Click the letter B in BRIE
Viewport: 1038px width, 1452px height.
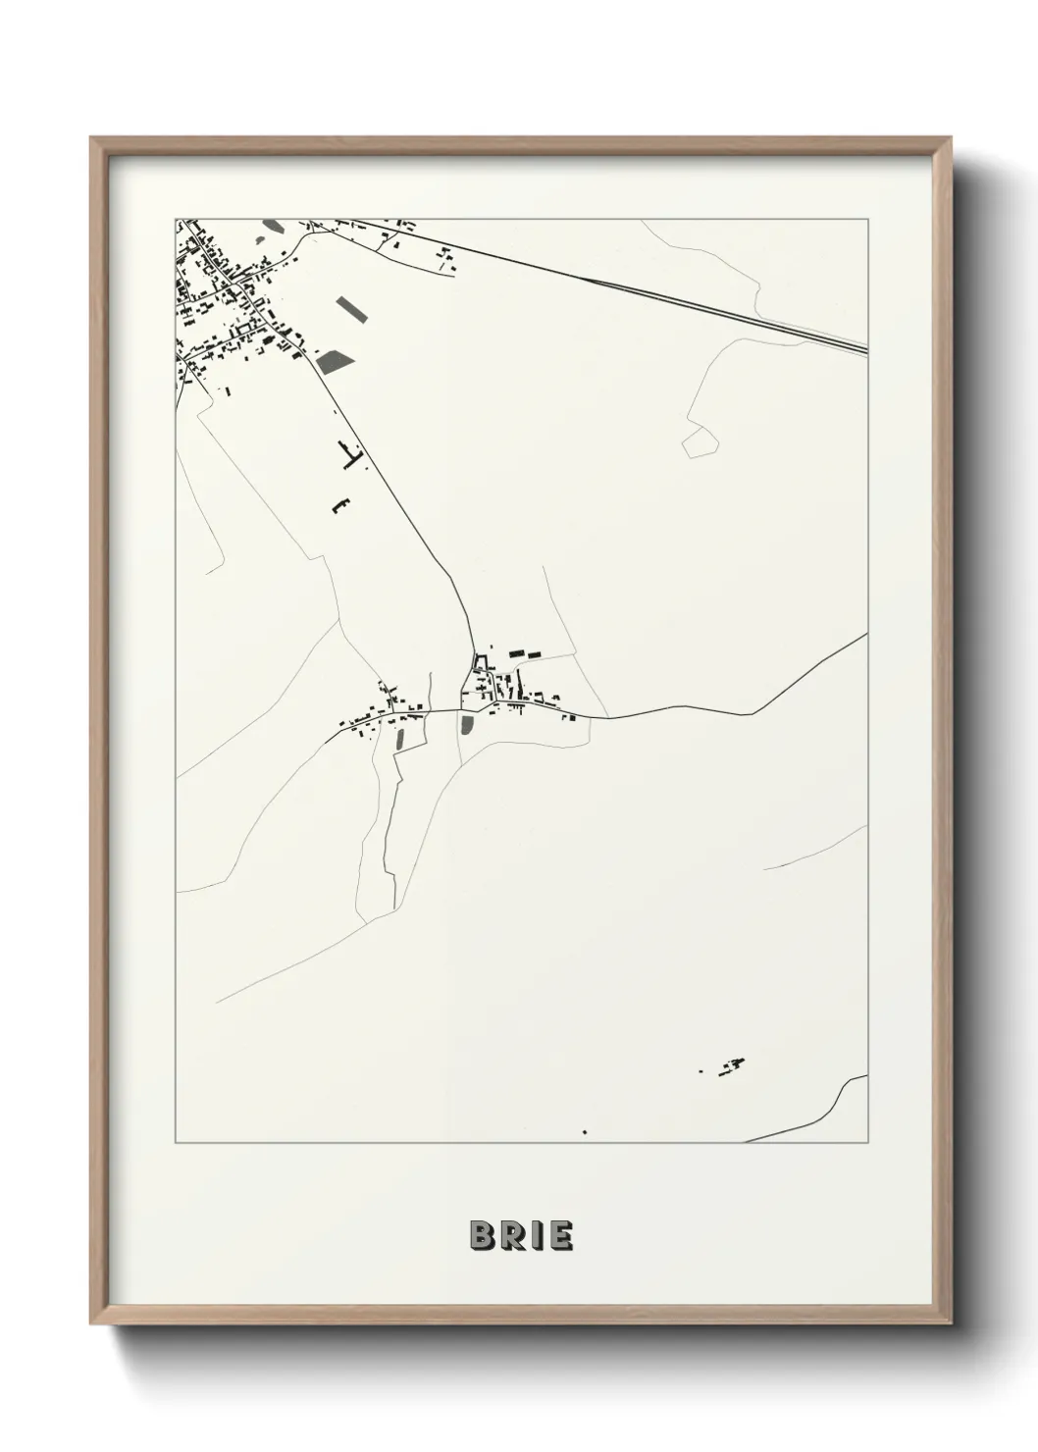tap(483, 1236)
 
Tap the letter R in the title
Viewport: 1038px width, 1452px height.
tap(511, 1236)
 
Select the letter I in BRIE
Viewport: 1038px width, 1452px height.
tap(535, 1236)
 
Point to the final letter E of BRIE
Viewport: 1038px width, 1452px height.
tap(559, 1236)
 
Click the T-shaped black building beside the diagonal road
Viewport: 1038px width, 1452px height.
tap(350, 452)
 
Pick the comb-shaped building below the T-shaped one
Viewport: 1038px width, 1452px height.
tap(339, 505)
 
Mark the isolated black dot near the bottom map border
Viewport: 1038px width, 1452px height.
tap(585, 1132)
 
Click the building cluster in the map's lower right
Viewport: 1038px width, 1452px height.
tap(727, 1065)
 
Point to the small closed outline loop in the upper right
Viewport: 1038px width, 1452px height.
tap(699, 441)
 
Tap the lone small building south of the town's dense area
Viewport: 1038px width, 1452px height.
tap(228, 390)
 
